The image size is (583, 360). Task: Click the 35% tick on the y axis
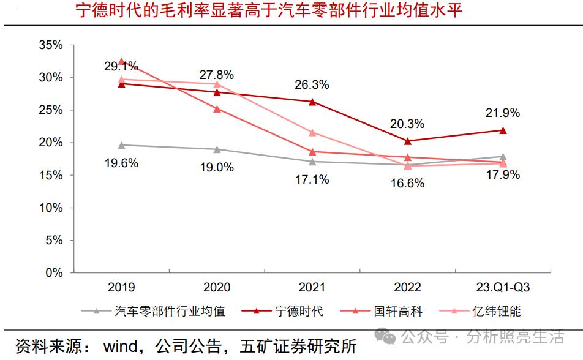(x=50, y=45)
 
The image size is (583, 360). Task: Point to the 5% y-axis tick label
(x=53, y=240)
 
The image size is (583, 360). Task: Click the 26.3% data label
(x=311, y=84)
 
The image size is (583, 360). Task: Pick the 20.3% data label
(x=407, y=124)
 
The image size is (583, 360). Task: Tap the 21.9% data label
(x=502, y=113)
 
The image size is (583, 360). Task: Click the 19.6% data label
(x=121, y=163)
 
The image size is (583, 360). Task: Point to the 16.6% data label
(x=407, y=182)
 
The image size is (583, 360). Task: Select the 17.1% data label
(x=312, y=179)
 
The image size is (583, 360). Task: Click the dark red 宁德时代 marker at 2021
(x=312, y=102)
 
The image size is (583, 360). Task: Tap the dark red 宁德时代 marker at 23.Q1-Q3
(x=503, y=130)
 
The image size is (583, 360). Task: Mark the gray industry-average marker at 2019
(x=121, y=145)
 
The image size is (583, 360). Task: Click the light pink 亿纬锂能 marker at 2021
(x=312, y=132)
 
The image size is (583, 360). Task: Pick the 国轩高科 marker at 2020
(x=217, y=109)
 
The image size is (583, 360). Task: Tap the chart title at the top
(x=269, y=11)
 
